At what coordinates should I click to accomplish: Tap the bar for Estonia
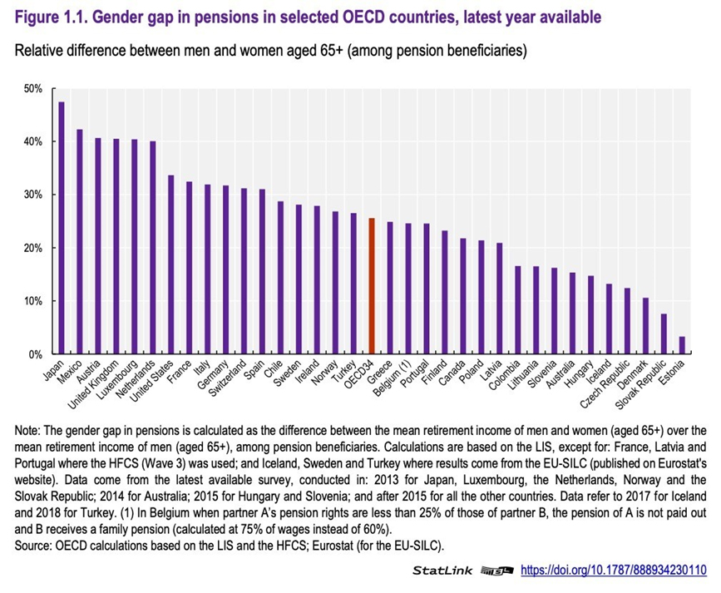(682, 345)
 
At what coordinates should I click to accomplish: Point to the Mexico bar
(80, 242)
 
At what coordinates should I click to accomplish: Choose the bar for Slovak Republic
(664, 334)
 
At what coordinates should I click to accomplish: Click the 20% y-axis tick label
(32, 248)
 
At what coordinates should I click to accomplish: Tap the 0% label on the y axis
(34, 354)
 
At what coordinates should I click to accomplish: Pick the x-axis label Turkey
(346, 369)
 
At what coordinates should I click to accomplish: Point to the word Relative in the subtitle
(41, 52)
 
